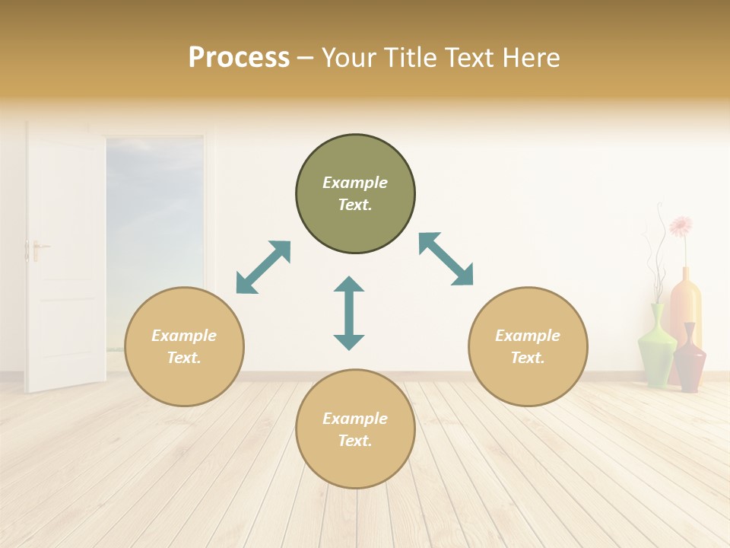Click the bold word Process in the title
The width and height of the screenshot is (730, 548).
point(239,58)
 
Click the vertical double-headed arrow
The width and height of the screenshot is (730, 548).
point(349,314)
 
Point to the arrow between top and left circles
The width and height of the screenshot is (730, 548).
point(264,267)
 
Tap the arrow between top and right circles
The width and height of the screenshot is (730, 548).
point(446,259)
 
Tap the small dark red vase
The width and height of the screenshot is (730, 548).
point(690,359)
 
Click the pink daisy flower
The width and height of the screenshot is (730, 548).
point(681,225)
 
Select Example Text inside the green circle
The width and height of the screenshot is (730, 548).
point(355,193)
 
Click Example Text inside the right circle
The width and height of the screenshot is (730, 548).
point(528,346)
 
